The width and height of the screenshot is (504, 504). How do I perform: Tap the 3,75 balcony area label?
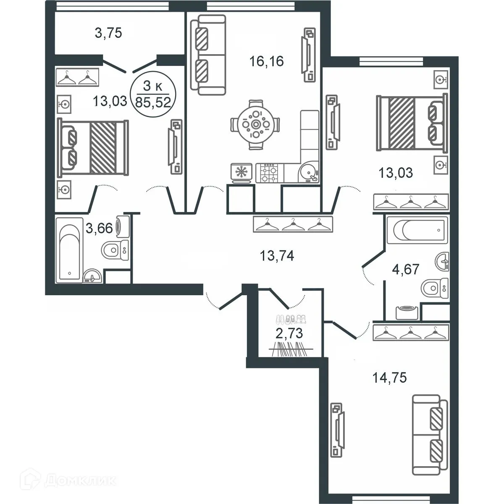108,33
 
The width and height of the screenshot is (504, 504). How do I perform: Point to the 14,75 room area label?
390,378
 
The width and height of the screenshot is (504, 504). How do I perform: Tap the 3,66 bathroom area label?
99,228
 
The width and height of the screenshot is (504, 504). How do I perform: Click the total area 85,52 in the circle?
153,102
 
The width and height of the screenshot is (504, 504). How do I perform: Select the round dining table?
255,124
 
